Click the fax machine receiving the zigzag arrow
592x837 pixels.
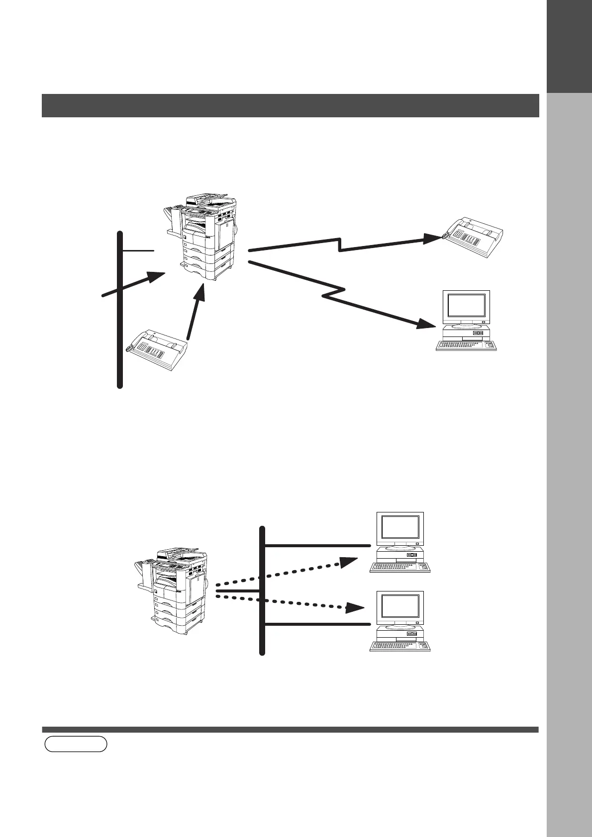(473, 239)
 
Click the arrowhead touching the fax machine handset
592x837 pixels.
(431, 238)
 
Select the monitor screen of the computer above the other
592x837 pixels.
(400, 530)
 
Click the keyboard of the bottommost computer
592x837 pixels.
(400, 646)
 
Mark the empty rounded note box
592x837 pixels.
(76, 744)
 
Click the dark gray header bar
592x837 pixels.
(290, 105)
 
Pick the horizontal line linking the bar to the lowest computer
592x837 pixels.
(318, 624)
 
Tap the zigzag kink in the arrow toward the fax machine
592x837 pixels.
(340, 245)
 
